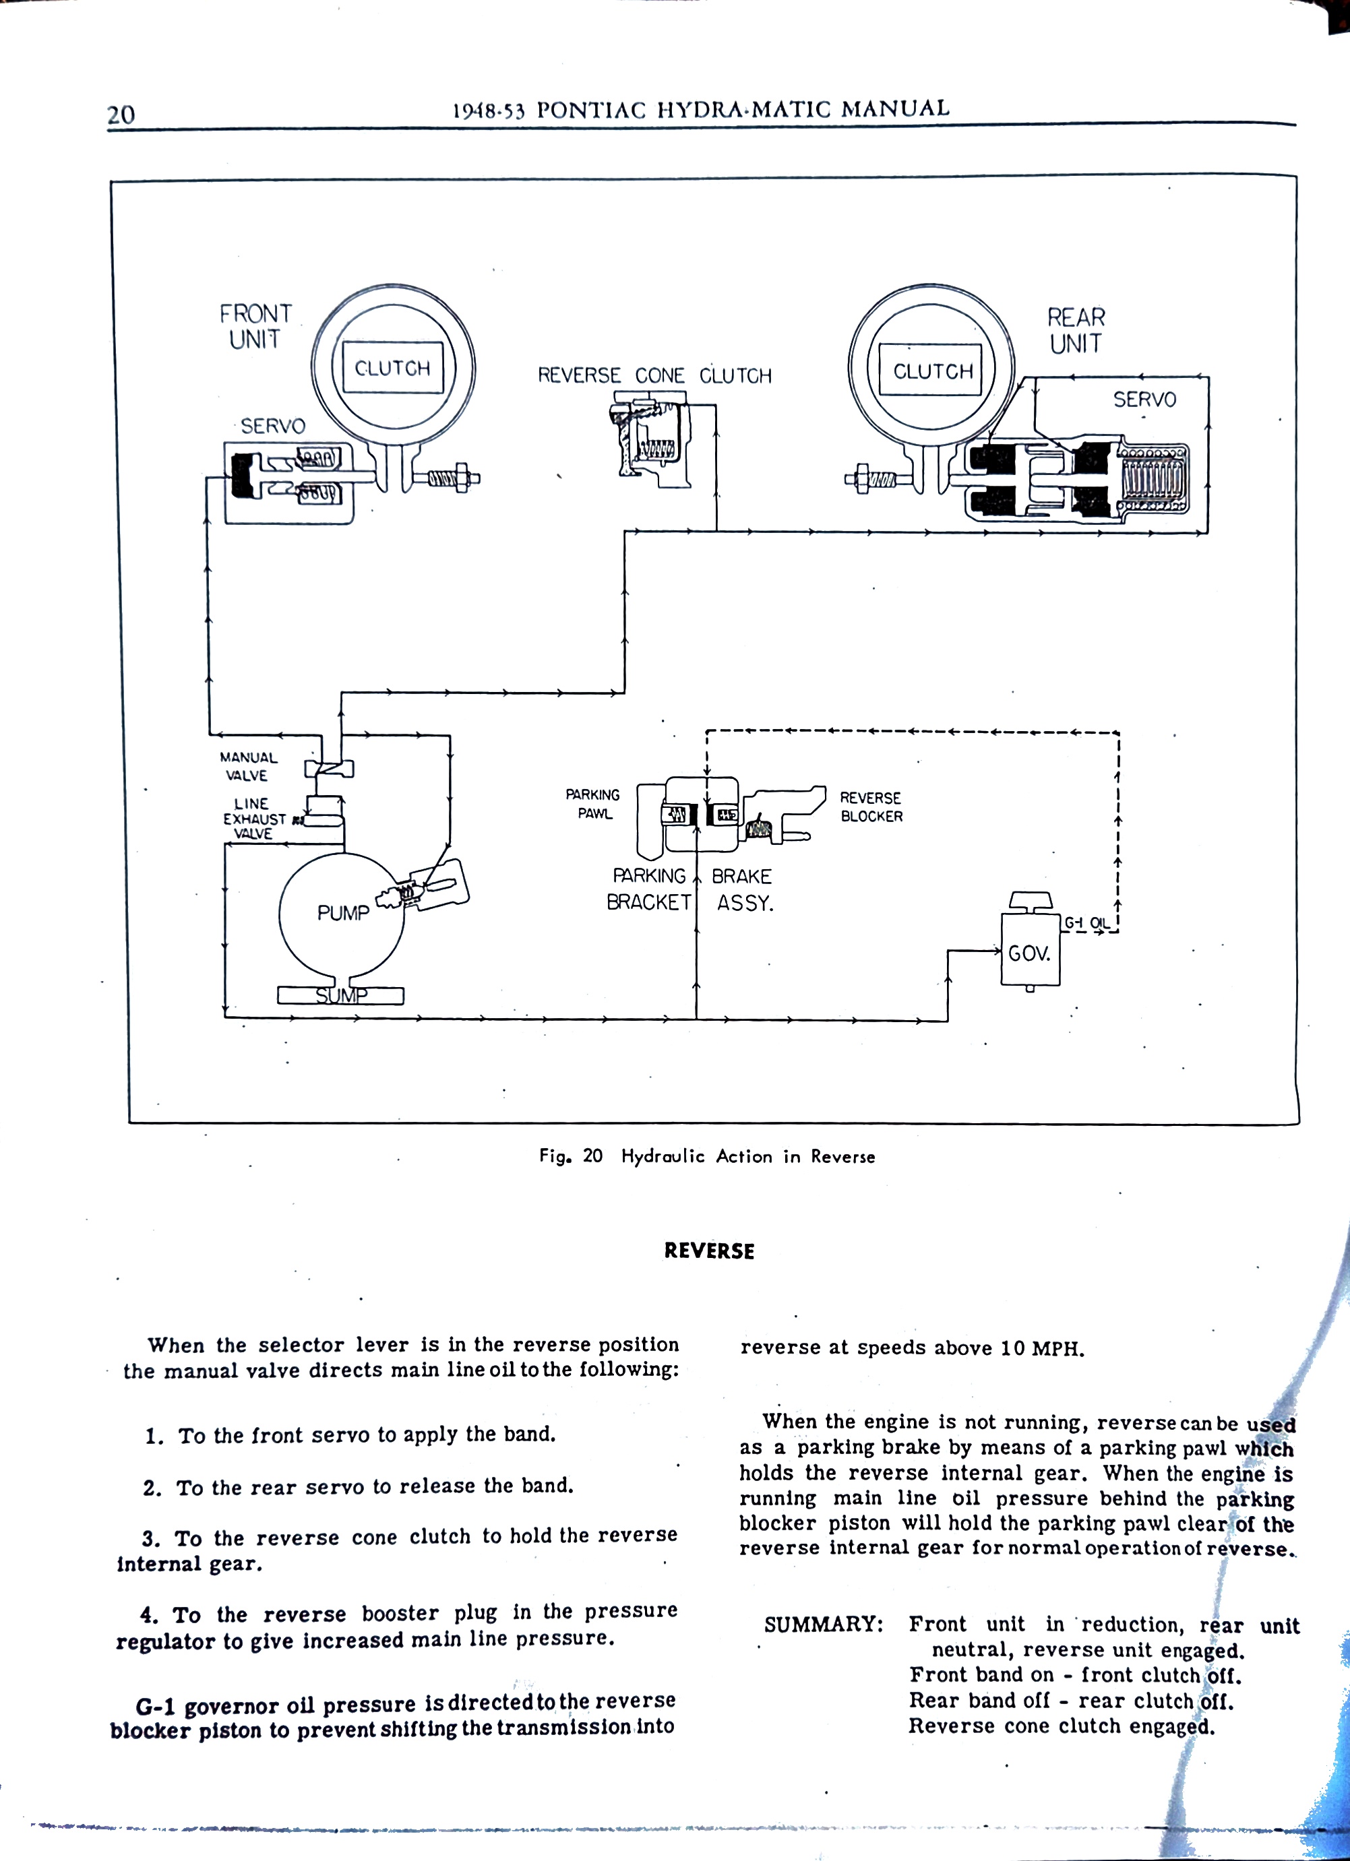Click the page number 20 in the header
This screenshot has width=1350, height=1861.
121,113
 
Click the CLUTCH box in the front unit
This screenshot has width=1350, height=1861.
392,369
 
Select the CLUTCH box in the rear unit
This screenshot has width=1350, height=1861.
933,372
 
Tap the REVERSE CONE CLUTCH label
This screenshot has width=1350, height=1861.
654,376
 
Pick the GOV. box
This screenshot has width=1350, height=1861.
1029,953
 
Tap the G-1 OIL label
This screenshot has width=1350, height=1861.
1086,923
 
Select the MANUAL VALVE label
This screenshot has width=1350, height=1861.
248,766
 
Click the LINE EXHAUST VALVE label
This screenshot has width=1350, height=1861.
253,819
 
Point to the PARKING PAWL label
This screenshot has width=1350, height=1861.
593,804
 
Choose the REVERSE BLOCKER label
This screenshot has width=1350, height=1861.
871,807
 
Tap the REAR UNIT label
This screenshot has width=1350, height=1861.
1076,330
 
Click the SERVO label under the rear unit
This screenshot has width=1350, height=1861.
1144,400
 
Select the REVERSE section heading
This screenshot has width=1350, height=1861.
709,1251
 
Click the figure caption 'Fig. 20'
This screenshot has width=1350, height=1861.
570,1156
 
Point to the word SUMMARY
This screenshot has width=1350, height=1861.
823,1625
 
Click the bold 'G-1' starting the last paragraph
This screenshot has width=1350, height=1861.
154,1708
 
